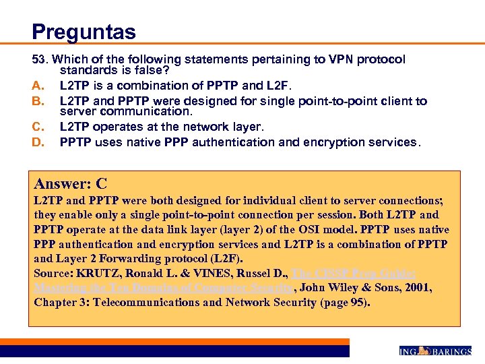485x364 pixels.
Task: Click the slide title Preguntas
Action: pos(84,32)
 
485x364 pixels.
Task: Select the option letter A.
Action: pos(38,86)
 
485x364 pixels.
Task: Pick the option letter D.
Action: pos(38,142)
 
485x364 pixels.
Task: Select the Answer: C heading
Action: pos(71,184)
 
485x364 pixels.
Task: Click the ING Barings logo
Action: pos(434,351)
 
